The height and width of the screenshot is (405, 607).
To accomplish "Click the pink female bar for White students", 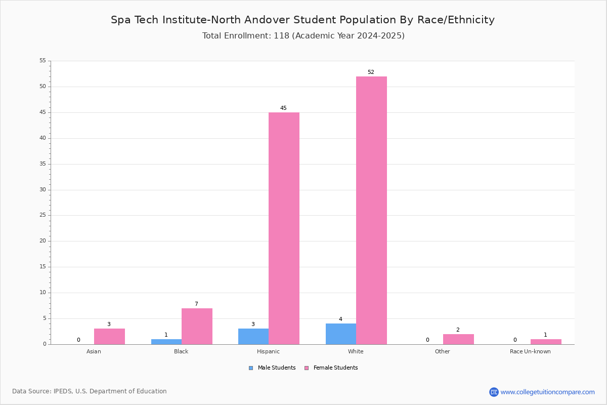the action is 371,211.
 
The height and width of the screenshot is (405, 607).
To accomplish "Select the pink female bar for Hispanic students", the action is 284,228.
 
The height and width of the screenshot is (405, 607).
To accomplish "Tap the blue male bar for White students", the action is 341,334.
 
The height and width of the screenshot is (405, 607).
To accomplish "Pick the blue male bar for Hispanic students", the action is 253,337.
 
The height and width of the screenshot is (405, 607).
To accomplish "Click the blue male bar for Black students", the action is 166,342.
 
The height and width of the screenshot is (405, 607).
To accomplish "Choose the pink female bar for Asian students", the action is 109,337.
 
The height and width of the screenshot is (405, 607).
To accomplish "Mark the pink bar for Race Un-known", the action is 546,342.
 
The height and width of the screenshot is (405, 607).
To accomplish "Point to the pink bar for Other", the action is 458,339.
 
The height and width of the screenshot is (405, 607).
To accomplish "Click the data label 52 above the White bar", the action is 371,72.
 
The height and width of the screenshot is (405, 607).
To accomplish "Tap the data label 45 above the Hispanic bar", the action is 283,108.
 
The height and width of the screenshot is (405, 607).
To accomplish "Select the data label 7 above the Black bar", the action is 196,304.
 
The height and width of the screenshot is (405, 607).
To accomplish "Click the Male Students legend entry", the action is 272,368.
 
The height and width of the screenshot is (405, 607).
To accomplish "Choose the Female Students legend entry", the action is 331,368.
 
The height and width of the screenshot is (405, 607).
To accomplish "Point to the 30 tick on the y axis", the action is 43,190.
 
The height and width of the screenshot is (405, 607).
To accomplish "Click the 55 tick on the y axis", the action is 43,60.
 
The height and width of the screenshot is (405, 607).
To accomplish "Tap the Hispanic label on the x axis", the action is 268,351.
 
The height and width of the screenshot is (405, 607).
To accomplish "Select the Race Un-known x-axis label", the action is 530,351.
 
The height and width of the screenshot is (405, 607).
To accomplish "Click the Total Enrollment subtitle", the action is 303,36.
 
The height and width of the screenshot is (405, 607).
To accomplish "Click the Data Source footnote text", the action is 90,391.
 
